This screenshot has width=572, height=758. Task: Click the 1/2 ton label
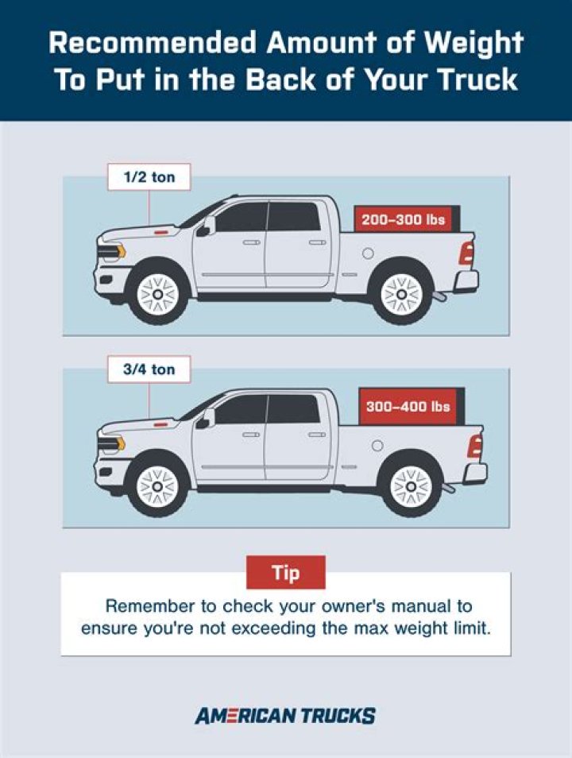click(x=149, y=177)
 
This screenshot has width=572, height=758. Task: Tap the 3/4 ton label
click(x=149, y=369)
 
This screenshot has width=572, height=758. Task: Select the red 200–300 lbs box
click(x=404, y=219)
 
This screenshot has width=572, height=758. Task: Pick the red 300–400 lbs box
click(x=408, y=406)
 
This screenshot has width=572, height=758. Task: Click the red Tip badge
click(x=286, y=573)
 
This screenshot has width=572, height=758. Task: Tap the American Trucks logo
click(x=285, y=715)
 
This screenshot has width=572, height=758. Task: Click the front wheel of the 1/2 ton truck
click(x=157, y=295)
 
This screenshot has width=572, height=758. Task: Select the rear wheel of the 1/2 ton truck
click(x=401, y=295)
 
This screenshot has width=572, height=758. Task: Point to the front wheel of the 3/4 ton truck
click(x=157, y=486)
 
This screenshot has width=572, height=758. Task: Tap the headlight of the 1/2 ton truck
click(x=112, y=251)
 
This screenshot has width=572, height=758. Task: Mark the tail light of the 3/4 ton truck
click(x=475, y=447)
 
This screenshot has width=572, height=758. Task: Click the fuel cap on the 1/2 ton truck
click(x=368, y=253)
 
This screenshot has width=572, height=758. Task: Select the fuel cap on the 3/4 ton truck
click(x=377, y=445)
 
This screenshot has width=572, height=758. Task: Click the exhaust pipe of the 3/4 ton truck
click(x=448, y=487)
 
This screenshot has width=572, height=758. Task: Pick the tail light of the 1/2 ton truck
click(x=466, y=253)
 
